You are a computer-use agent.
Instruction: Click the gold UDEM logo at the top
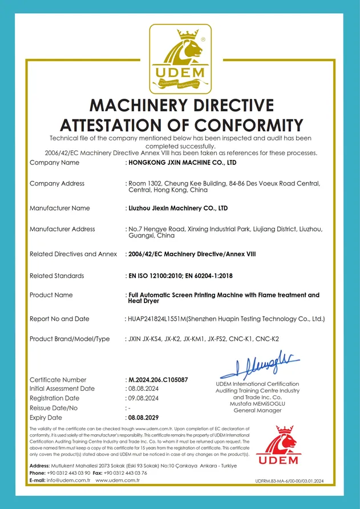[x=180, y=59]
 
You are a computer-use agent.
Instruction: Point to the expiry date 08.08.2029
[x=143, y=418]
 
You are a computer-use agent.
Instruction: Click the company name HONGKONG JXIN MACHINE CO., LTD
[x=181, y=163]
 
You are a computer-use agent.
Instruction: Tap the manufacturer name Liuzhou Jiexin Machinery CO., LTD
[x=177, y=208]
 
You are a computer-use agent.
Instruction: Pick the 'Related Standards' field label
[x=56, y=276]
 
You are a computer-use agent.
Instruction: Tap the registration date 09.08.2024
[x=142, y=398]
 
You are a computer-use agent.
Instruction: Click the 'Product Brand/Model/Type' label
[x=70, y=339]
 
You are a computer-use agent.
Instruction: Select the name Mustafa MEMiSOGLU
[x=257, y=403]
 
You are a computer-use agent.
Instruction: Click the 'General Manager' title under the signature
[x=257, y=410]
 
